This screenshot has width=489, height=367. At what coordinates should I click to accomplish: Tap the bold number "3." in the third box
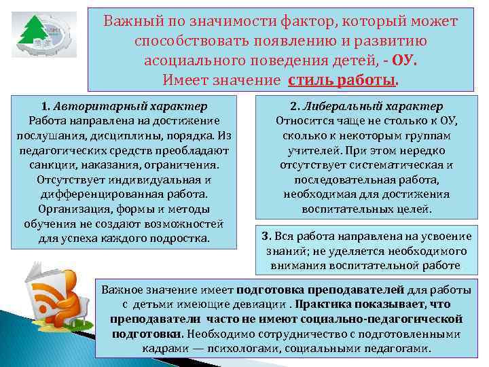point(267,237)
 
